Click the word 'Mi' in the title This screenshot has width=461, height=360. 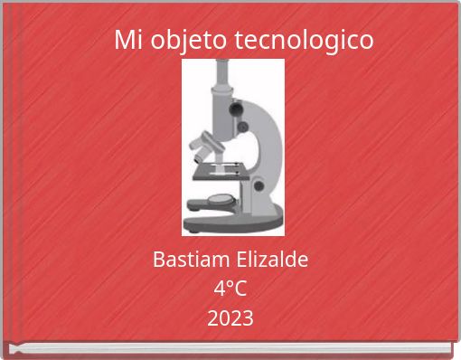point(128,41)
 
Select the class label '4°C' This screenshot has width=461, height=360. point(230,289)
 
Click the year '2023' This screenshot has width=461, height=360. point(230,318)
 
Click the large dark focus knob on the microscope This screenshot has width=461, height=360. point(237,109)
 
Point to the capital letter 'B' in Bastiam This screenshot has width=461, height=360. point(159,261)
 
